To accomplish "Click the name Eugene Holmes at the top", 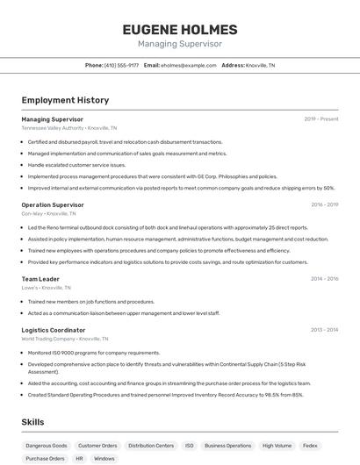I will (180, 29).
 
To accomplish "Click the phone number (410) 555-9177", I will (121, 65).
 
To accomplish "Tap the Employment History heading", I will (65, 100).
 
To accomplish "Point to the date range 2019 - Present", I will (321, 118).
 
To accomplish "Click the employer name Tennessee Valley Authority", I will (53, 127).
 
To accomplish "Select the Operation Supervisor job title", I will (53, 204).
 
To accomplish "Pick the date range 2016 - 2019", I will (324, 204).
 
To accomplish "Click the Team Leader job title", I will (40, 279).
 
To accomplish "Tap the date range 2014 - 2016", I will (324, 279).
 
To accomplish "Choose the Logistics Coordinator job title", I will (54, 330).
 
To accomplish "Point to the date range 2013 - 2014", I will (324, 330).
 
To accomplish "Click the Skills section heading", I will (32, 422).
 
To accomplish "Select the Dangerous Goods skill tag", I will (47, 446).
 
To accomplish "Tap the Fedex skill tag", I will (310, 446).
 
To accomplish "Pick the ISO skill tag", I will (189, 446).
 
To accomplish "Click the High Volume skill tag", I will (277, 446).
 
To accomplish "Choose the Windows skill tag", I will (104, 458).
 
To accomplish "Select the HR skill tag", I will (79, 458).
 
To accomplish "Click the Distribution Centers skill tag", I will (151, 446).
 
